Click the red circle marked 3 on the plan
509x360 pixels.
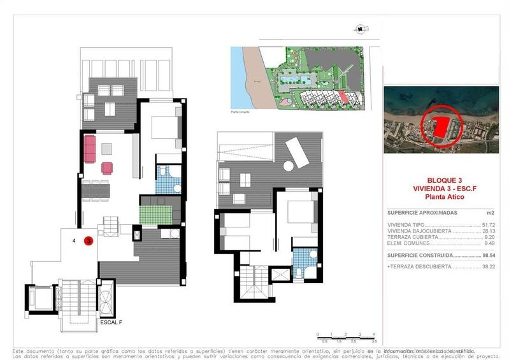(x=89, y=241)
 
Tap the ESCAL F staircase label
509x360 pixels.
(x=111, y=322)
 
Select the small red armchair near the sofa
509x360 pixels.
(x=106, y=168)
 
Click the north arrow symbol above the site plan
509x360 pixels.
(x=361, y=29)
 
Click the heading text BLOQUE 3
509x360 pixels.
(x=441, y=180)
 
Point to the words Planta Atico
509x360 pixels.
(x=441, y=198)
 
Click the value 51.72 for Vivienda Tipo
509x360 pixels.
(x=489, y=225)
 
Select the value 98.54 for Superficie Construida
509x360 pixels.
(x=488, y=255)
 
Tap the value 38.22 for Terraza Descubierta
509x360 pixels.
(x=488, y=267)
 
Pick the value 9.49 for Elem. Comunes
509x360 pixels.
(x=490, y=243)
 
